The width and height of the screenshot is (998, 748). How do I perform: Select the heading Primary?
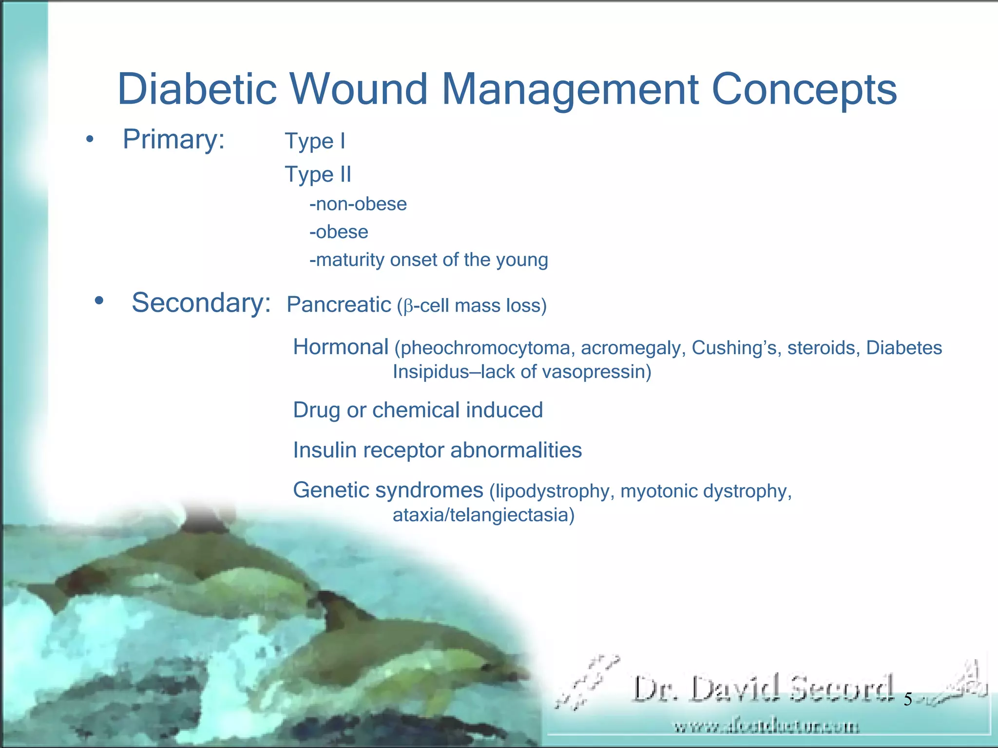173,140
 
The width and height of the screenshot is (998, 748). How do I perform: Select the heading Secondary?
201,303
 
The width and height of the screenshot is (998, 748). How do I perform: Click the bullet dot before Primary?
89,140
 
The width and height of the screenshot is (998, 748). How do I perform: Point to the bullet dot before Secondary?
99,301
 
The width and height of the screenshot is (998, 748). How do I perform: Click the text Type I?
315,142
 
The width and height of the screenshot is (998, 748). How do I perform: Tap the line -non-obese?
358,204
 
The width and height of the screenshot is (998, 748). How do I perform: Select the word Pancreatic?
339,305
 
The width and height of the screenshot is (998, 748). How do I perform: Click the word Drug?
316,411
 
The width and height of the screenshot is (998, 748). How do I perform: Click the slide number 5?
908,700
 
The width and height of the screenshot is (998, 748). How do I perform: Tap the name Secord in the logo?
842,689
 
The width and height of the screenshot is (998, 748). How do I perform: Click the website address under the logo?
766,727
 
